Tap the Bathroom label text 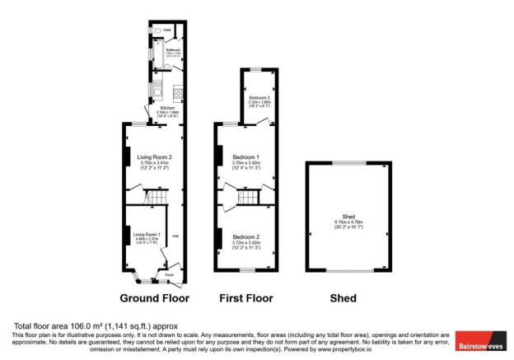click(173, 49)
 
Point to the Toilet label click(167, 30)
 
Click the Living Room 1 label click(147, 234)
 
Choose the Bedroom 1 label click(246, 157)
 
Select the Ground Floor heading click(155, 297)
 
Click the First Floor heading click(246, 297)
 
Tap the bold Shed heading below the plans click(343, 297)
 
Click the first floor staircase click(245, 197)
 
